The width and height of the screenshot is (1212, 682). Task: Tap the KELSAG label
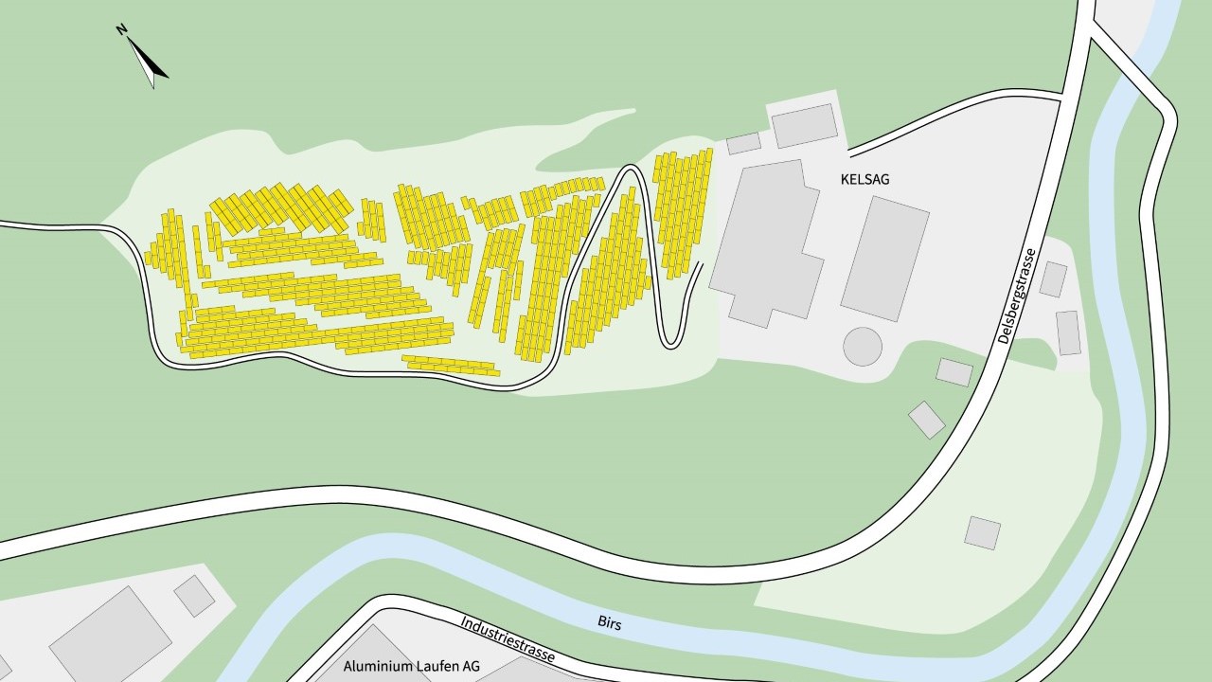[x=863, y=178]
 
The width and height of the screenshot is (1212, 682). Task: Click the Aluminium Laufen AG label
[x=411, y=666]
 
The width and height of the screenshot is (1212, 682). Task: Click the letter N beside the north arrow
[x=122, y=30]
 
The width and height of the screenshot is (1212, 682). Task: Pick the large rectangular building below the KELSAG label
[x=885, y=258]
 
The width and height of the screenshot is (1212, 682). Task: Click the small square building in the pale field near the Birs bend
[x=982, y=532]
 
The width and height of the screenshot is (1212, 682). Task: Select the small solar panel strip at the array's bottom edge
[x=451, y=365]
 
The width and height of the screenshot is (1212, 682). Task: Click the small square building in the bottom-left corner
[x=194, y=595]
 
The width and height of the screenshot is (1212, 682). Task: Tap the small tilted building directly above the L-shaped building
[x=743, y=143]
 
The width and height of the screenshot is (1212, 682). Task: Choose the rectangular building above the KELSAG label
[x=805, y=125]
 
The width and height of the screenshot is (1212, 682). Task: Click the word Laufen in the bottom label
[x=428, y=666]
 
